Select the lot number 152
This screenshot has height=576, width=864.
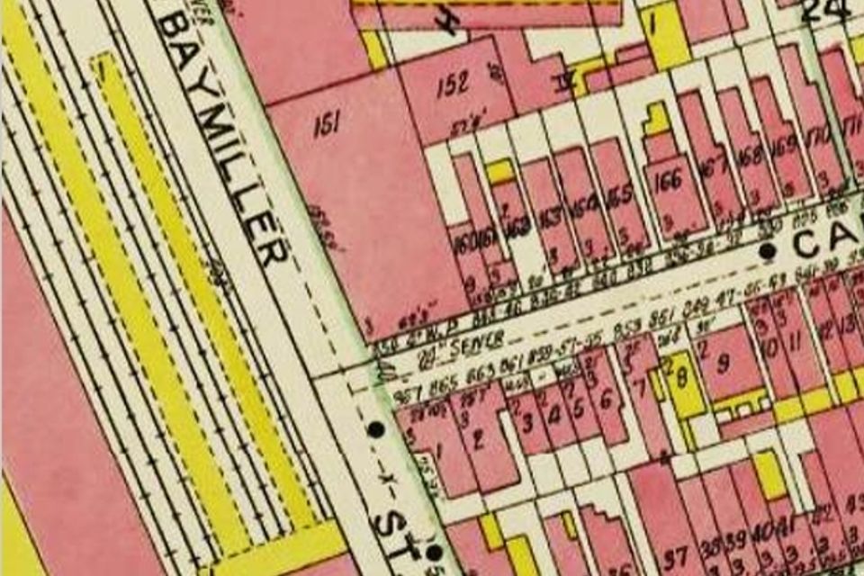click(453, 85)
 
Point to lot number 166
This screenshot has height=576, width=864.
click(667, 181)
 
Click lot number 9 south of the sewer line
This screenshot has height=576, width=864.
click(723, 365)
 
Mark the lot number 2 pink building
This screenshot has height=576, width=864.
click(478, 438)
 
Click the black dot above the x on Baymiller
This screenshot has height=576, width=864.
click(375, 429)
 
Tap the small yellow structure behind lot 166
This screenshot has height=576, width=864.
click(658, 119)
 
